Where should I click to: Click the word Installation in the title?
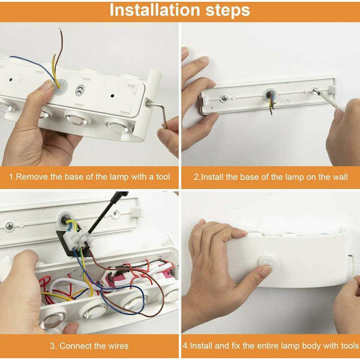pyautogui.click(x=155, y=10)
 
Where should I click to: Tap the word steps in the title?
pyautogui.click(x=227, y=10)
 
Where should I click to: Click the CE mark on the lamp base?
pyautogui.click(x=80, y=90)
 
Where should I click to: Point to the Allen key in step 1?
pyautogui.click(x=157, y=113)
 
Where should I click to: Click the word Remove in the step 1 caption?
pyautogui.click(x=32, y=177)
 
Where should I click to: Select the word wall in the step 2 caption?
pyautogui.click(x=340, y=177)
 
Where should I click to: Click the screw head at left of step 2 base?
pyautogui.click(x=224, y=98)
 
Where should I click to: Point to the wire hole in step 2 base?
pyautogui.click(x=270, y=95)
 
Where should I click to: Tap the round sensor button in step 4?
pyautogui.click(x=268, y=263)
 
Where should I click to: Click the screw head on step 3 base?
pyautogui.click(x=10, y=226)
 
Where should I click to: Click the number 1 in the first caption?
pyautogui.click(x=11, y=177)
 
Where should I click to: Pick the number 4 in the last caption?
pyautogui.click(x=185, y=346)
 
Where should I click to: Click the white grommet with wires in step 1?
pyautogui.click(x=60, y=86)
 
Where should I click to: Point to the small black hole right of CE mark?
pyautogui.click(x=112, y=95)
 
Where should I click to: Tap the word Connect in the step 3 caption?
pyautogui.click(x=74, y=346)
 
